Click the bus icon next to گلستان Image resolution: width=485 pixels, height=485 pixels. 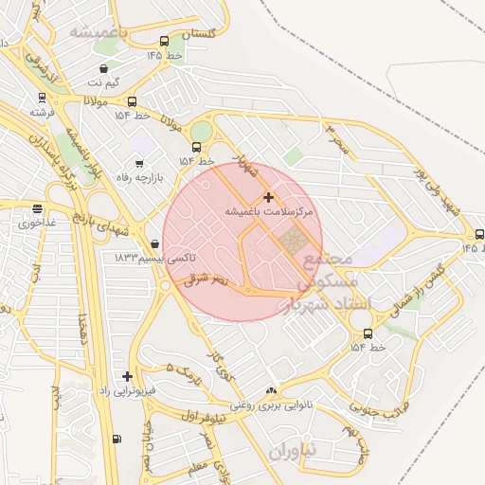click(x=165, y=41)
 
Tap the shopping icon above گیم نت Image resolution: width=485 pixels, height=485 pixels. click(x=103, y=68)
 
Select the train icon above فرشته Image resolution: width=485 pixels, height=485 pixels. click(x=42, y=97)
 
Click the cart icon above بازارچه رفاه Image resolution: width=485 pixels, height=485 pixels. click(x=140, y=162)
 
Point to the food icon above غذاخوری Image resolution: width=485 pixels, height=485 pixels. click(x=37, y=209)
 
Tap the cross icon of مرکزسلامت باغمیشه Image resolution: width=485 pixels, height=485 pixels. click(x=268, y=197)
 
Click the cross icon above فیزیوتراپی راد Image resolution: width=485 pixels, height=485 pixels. click(x=127, y=376)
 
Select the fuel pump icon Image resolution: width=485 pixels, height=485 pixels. click(x=117, y=439)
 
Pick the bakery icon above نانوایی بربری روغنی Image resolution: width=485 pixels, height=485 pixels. click(x=273, y=390)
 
